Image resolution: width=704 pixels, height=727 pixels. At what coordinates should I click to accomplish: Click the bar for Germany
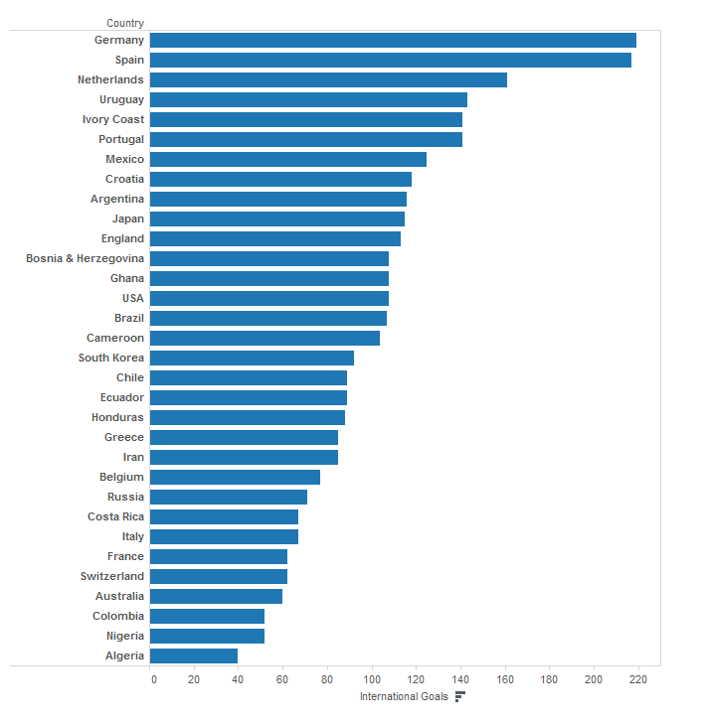tap(393, 40)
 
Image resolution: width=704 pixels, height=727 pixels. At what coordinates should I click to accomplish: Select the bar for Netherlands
tap(328, 79)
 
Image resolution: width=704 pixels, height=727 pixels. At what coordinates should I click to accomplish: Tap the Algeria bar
tap(194, 655)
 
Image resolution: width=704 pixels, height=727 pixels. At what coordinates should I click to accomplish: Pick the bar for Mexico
tap(288, 159)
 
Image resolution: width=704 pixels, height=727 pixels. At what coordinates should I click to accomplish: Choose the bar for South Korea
tap(252, 358)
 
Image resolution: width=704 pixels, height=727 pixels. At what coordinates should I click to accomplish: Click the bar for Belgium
tap(235, 477)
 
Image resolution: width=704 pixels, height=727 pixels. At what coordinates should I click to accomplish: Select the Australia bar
tap(216, 596)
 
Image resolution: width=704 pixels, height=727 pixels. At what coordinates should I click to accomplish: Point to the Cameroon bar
tap(264, 338)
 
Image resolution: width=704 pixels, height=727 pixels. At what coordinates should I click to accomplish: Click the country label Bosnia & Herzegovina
tap(85, 258)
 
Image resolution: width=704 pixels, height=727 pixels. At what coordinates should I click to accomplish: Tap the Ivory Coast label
tap(112, 119)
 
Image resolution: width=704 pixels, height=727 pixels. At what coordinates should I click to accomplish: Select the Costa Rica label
tap(115, 516)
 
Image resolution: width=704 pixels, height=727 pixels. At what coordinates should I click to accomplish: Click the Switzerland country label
tap(111, 576)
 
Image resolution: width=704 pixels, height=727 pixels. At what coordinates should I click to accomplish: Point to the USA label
tap(131, 298)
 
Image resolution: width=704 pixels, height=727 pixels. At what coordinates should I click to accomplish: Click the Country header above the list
tap(124, 23)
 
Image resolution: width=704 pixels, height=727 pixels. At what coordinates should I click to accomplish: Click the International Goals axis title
tap(404, 696)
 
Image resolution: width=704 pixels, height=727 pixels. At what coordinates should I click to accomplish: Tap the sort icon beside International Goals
tap(459, 696)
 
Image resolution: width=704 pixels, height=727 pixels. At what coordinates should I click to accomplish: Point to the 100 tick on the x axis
tap(372, 679)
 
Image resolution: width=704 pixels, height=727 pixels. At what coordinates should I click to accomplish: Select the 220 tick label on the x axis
tap(637, 679)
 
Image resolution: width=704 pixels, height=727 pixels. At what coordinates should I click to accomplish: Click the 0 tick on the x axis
tap(153, 679)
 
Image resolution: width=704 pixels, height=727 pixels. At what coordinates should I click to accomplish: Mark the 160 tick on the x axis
tap(505, 679)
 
